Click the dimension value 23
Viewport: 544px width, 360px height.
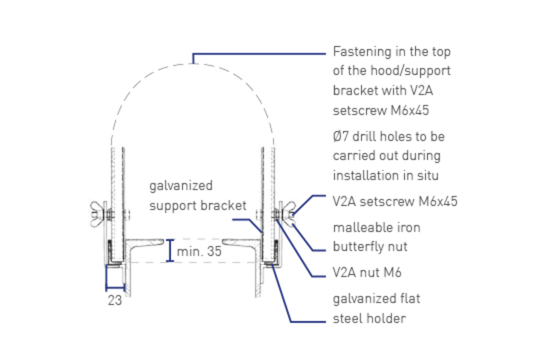115,300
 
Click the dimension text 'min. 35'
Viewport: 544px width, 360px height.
199,252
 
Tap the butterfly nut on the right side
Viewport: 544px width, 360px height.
288,213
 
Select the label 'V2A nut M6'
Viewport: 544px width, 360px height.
367,273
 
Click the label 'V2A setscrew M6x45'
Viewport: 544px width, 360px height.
395,202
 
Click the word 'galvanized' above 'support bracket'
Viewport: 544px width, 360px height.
181,186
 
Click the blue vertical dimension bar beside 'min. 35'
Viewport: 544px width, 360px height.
170,251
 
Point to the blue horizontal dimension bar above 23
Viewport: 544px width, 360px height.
115,288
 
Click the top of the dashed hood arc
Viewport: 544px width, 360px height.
193,63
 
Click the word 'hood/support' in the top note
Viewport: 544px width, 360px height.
410,71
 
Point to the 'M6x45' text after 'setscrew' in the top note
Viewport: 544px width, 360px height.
410,111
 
